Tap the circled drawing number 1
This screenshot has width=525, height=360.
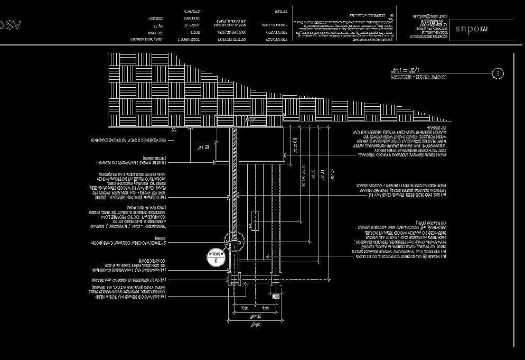[498, 74]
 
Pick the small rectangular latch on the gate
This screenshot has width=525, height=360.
[255, 221]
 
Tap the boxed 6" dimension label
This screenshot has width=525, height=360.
[275, 297]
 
